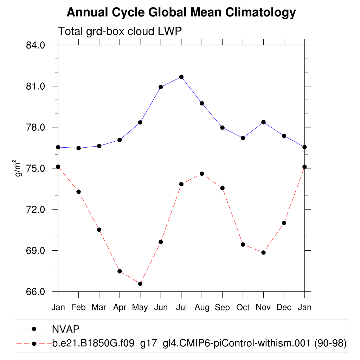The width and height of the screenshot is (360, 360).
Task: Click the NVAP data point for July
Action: click(181, 77)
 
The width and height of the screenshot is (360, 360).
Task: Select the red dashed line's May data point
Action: click(140, 283)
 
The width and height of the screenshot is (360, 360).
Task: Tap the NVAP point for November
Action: click(263, 122)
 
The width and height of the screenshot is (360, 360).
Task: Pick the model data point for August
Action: click(202, 174)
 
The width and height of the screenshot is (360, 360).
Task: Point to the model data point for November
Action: click(263, 252)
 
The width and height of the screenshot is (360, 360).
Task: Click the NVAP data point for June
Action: click(161, 87)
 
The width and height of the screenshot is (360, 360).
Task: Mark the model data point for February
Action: click(78, 192)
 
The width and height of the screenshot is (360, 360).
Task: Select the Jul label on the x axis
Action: click(181, 307)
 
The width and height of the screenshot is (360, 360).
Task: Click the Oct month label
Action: click(243, 307)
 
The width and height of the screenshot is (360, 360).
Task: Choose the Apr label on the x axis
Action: click(120, 307)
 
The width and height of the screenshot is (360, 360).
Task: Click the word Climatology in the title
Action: click(261, 13)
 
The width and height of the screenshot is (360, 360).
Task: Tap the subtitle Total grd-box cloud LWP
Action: click(120, 31)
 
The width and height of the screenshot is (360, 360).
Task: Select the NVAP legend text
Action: click(65, 329)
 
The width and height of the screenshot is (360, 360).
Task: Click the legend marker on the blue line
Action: click(34, 329)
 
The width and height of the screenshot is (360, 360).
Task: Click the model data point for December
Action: click(284, 223)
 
